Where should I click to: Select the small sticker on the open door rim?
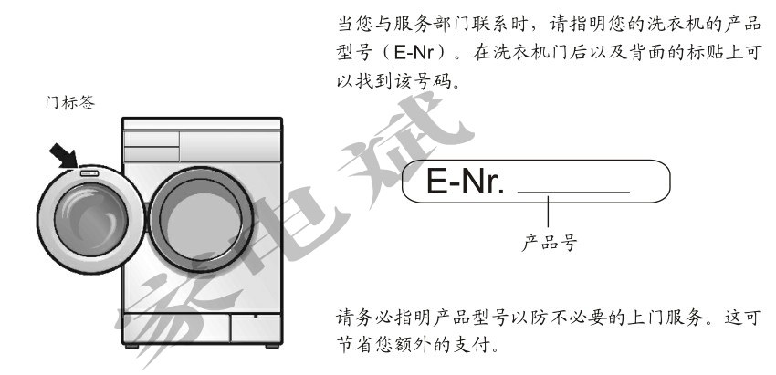[88, 171]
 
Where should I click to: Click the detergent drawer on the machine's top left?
[151, 141]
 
